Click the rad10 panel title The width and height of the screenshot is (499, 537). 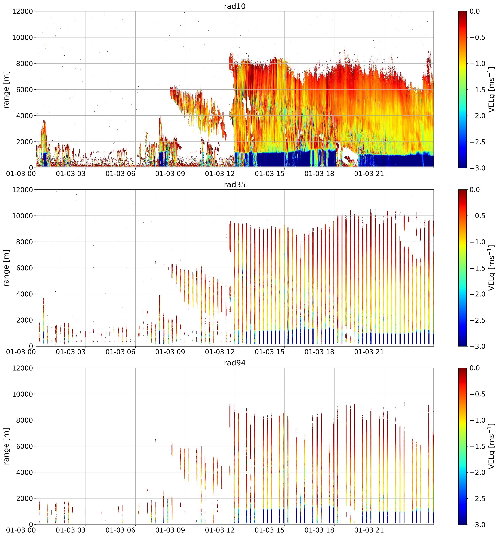coord(235,6)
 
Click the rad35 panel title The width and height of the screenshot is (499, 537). coord(235,184)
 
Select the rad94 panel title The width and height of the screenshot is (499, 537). coord(235,363)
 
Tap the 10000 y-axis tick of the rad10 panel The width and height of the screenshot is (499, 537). coord(22,37)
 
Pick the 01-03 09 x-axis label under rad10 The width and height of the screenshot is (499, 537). coord(170,174)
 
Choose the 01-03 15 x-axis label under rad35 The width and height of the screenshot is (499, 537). coord(269,352)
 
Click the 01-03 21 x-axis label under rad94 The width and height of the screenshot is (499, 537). coord(369,530)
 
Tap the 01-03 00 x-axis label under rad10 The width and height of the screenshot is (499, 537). coord(21,174)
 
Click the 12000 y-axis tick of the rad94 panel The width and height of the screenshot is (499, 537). coord(22,368)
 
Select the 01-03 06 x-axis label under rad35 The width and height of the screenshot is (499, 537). coord(120,352)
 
